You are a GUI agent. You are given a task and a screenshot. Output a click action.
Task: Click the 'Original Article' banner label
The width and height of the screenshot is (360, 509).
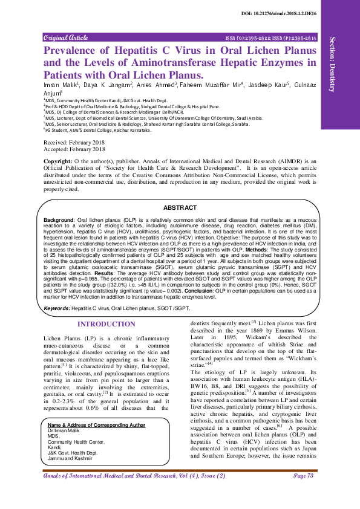65,37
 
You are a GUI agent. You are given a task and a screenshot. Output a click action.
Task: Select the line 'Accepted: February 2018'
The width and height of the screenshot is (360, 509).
74,149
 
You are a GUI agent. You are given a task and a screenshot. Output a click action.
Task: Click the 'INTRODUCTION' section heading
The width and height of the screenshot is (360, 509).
106,325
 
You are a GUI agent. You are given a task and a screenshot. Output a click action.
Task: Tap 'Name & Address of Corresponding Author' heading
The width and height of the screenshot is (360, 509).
93,425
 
